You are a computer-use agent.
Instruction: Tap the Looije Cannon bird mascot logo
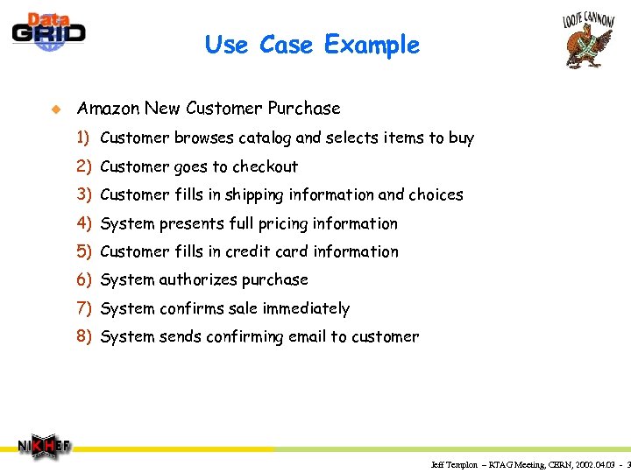pyautogui.click(x=587, y=39)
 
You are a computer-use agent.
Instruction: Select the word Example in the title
pyautogui.click(x=372, y=45)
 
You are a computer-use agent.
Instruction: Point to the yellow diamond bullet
pyautogui.click(x=54, y=109)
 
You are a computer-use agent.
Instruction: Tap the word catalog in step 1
pyautogui.click(x=264, y=138)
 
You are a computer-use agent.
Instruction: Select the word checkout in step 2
pyautogui.click(x=265, y=166)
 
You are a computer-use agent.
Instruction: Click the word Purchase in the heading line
pyautogui.click(x=304, y=109)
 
